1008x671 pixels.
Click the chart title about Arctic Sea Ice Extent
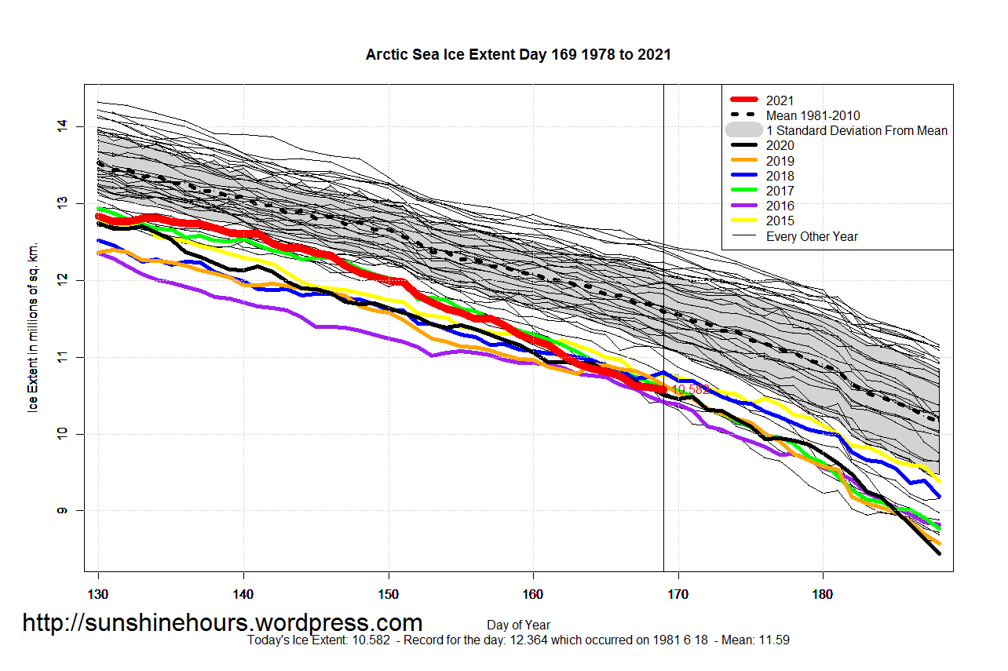[x=518, y=55]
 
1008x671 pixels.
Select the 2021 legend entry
[x=780, y=100]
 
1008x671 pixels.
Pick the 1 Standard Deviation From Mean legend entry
[x=856, y=130]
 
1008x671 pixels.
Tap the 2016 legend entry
[x=780, y=206]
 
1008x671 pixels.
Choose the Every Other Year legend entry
[x=812, y=236]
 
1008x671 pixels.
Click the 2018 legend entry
[x=780, y=176]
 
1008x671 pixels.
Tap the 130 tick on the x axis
[x=98, y=595]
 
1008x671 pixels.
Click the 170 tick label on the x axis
[x=677, y=595]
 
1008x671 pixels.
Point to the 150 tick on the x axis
[x=388, y=595]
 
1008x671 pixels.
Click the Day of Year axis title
[x=518, y=625]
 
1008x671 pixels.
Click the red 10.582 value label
[x=691, y=389]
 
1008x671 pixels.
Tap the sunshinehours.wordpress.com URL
[x=222, y=622]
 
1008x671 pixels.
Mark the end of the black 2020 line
[x=939, y=553]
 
